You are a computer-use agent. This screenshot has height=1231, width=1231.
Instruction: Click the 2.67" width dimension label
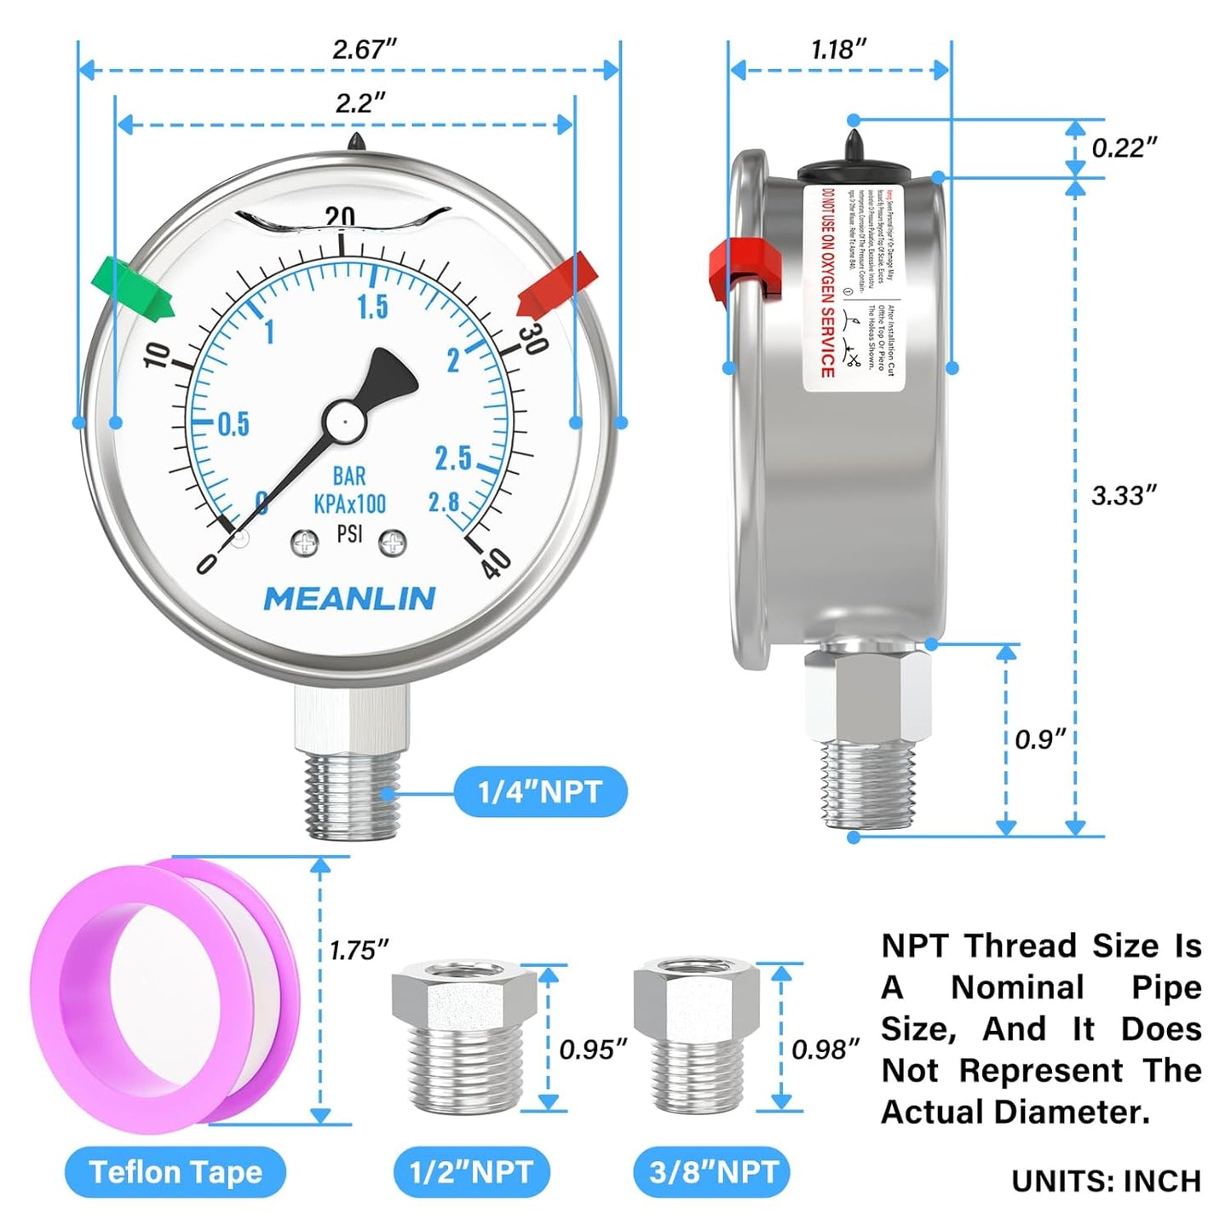(x=365, y=49)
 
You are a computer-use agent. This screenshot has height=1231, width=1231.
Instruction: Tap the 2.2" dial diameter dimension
(x=360, y=103)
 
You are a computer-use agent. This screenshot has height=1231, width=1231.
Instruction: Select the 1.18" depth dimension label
(x=838, y=49)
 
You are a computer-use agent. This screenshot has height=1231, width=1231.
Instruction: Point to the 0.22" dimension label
(x=1124, y=147)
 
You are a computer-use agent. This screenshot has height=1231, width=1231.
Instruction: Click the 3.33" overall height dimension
(x=1124, y=495)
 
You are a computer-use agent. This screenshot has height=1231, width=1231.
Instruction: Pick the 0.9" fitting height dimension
(x=1039, y=739)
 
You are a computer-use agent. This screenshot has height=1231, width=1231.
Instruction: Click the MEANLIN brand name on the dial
(x=349, y=599)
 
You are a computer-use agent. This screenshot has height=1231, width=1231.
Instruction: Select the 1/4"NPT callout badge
(x=540, y=792)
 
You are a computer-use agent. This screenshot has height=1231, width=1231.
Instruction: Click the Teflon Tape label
(x=175, y=1172)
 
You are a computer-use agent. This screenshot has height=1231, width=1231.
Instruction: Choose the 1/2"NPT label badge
(x=471, y=1172)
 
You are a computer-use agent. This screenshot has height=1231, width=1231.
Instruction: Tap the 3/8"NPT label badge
(x=712, y=1172)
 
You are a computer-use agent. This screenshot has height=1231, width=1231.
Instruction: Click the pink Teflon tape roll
(x=162, y=993)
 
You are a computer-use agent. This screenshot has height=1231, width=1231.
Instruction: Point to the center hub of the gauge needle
(x=343, y=419)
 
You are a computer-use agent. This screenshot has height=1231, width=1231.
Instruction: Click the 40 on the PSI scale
(x=496, y=562)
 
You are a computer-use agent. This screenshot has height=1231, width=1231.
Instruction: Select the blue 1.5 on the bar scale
(x=372, y=307)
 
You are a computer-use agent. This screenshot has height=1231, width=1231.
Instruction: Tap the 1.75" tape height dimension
(x=359, y=950)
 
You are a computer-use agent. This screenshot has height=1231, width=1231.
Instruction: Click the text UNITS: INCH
(x=1106, y=1181)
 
